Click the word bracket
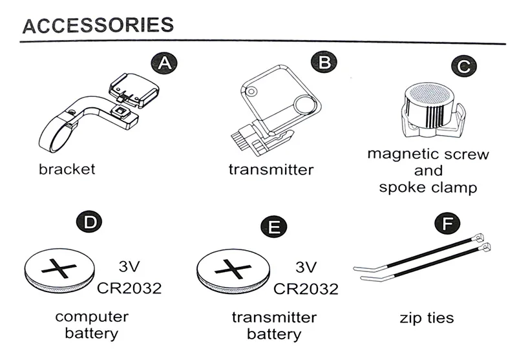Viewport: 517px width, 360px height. (x=67, y=170)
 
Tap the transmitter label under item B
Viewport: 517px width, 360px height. (x=271, y=170)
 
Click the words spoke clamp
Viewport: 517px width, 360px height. (x=428, y=188)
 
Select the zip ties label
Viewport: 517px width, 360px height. (x=427, y=318)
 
